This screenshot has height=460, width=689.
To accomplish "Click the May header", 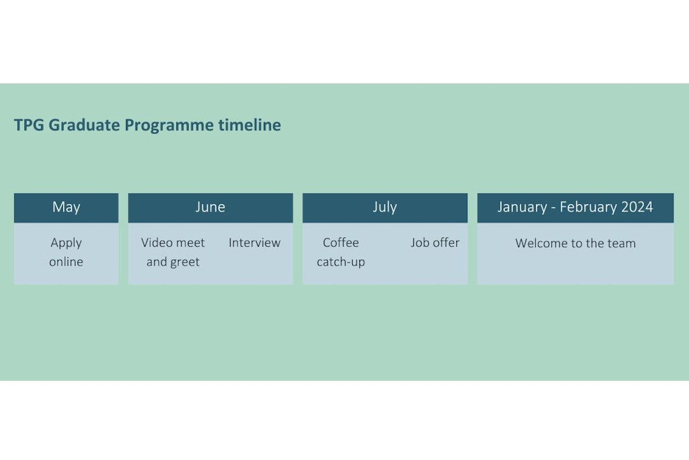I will pos(66,207).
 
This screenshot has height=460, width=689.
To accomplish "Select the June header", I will pos(210,207).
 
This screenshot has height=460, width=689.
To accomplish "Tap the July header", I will pos(385,207).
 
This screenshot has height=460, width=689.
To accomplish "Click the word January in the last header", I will pos(521,207).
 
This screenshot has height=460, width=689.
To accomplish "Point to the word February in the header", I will pos(587,207).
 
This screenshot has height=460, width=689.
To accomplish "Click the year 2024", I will pos(637,207).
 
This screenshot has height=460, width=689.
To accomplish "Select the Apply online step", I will pos(66,252).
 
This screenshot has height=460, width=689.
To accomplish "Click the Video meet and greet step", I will pos(173,252).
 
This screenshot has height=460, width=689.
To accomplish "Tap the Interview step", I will pos(254,243).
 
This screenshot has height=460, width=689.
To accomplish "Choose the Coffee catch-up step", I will pos(341,252).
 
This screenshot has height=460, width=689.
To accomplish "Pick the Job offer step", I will pos(435,243).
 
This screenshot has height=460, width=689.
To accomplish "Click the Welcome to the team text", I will pos(575,244).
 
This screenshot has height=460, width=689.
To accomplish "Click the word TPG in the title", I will pos(29,125).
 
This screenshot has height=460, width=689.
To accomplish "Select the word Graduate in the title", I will pos(84,125).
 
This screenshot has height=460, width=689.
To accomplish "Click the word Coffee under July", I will pos(341,243).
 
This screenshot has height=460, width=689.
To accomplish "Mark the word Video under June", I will pos(156,243).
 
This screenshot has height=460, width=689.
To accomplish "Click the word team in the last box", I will pos(621,244).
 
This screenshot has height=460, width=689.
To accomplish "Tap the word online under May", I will pos(66,262).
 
